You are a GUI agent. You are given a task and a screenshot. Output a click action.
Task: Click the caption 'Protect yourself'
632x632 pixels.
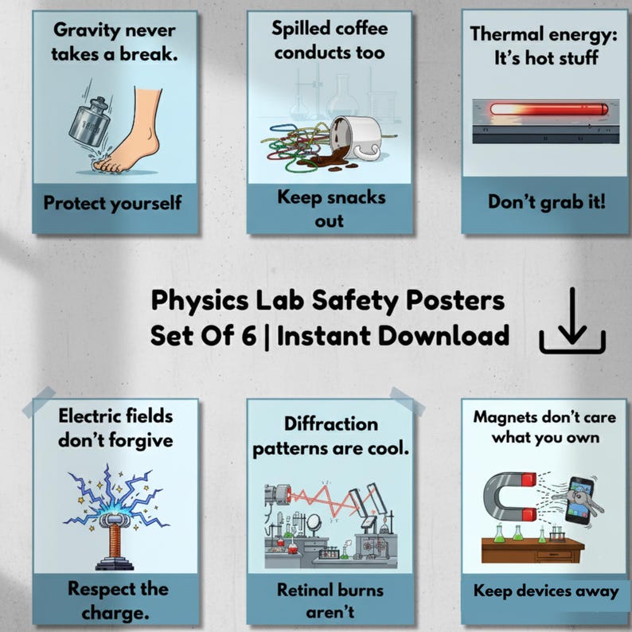pyautogui.click(x=112, y=202)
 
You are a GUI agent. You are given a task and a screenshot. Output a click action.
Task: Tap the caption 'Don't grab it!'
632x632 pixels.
pyautogui.click(x=547, y=201)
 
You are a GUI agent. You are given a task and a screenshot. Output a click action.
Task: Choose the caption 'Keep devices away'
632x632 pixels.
pyautogui.click(x=546, y=591)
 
